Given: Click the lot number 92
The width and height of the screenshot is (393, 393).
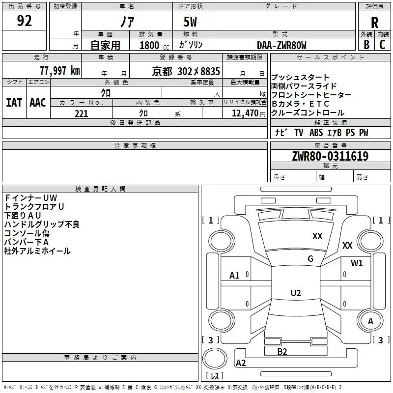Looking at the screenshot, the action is pyautogui.click(x=25, y=21).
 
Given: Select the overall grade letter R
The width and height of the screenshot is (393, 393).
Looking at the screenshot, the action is pyautogui.click(x=374, y=23).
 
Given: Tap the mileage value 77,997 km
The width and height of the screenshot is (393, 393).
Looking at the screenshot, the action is pyautogui.click(x=60, y=71).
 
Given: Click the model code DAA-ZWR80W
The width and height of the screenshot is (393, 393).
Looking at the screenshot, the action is pyautogui.click(x=281, y=45).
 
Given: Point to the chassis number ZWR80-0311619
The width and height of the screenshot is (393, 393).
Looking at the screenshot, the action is pyautogui.click(x=330, y=156).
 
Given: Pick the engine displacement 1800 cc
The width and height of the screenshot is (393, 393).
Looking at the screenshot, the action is pyautogui.click(x=154, y=45).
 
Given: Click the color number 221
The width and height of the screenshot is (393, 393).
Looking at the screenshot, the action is pyautogui.click(x=81, y=113).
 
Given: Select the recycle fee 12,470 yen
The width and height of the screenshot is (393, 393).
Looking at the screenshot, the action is pyautogui.click(x=249, y=113).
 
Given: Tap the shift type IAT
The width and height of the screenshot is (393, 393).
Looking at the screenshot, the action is pyautogui.click(x=14, y=103).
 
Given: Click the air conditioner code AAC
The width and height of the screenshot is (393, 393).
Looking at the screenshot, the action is pyautogui.click(x=38, y=103).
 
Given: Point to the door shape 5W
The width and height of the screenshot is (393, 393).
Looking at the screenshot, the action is pyautogui.click(x=190, y=22).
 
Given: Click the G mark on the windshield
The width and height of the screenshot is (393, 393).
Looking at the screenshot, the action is pyautogui.click(x=310, y=259).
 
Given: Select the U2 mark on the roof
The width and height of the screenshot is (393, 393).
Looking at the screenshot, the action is pyautogui.click(x=296, y=293).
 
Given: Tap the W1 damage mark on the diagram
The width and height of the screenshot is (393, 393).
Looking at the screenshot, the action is pyautogui.click(x=357, y=263).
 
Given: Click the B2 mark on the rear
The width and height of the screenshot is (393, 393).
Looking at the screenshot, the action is pyautogui.click(x=282, y=352).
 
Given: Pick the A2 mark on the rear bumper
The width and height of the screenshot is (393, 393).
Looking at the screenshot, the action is pyautogui.click(x=241, y=363).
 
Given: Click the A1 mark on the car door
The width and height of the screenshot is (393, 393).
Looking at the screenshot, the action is pyautogui.click(x=234, y=276).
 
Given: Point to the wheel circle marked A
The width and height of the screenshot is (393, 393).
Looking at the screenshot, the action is pyautogui.click(x=370, y=321).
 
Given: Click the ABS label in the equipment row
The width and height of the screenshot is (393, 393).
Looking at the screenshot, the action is pyautogui.click(x=316, y=133).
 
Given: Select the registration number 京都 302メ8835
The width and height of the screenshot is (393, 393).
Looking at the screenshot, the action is pyautogui.click(x=186, y=71).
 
